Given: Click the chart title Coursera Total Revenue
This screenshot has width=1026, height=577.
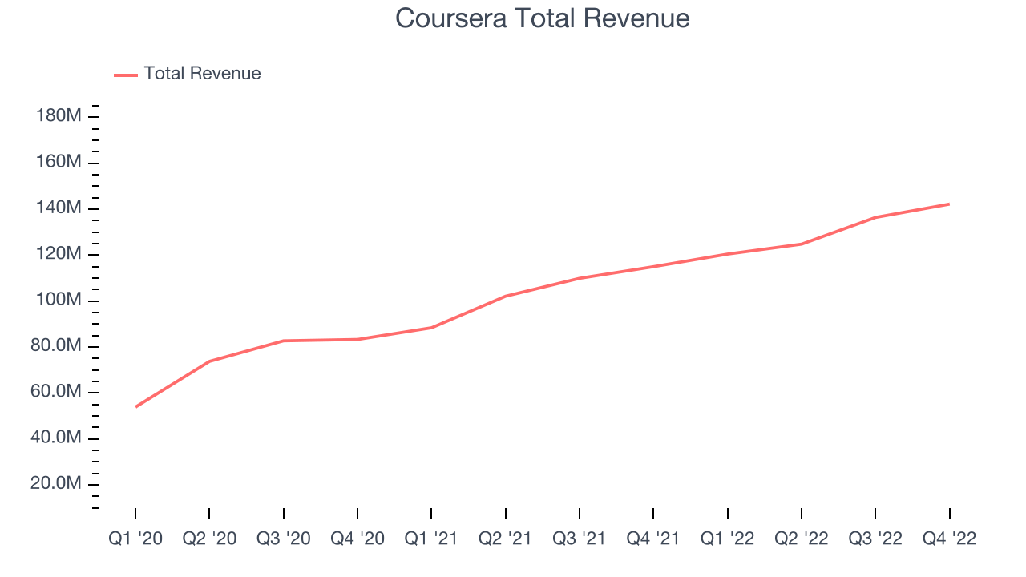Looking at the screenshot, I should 543,18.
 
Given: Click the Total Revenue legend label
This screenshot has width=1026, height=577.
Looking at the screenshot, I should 202,74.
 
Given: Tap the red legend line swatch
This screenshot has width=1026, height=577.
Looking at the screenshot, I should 126,75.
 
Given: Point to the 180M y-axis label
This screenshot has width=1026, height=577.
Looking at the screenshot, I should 59,116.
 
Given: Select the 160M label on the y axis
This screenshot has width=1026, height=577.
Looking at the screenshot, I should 59,163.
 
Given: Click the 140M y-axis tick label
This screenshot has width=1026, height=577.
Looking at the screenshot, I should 59,208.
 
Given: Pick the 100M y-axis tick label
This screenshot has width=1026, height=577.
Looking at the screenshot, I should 59,301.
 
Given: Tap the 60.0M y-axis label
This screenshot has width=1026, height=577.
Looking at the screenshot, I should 56,392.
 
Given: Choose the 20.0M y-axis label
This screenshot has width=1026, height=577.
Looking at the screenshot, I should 56,484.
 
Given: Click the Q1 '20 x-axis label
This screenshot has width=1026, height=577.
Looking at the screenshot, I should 135,539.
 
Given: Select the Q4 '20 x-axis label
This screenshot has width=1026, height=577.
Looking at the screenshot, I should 357,539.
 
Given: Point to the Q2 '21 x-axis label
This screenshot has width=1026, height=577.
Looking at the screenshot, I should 506,539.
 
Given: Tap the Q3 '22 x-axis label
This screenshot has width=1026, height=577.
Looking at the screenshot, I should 875,539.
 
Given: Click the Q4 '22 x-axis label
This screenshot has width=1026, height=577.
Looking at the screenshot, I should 949,539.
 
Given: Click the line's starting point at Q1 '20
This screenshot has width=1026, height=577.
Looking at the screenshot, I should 136,406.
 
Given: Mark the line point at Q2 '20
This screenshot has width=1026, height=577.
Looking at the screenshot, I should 209,361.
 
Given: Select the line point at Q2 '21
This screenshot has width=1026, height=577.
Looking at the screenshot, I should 506,297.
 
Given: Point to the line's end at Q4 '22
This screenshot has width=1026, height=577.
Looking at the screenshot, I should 949,204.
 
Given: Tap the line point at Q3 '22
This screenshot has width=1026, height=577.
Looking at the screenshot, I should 875,217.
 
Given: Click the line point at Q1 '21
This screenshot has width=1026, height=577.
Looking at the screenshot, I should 431,328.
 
